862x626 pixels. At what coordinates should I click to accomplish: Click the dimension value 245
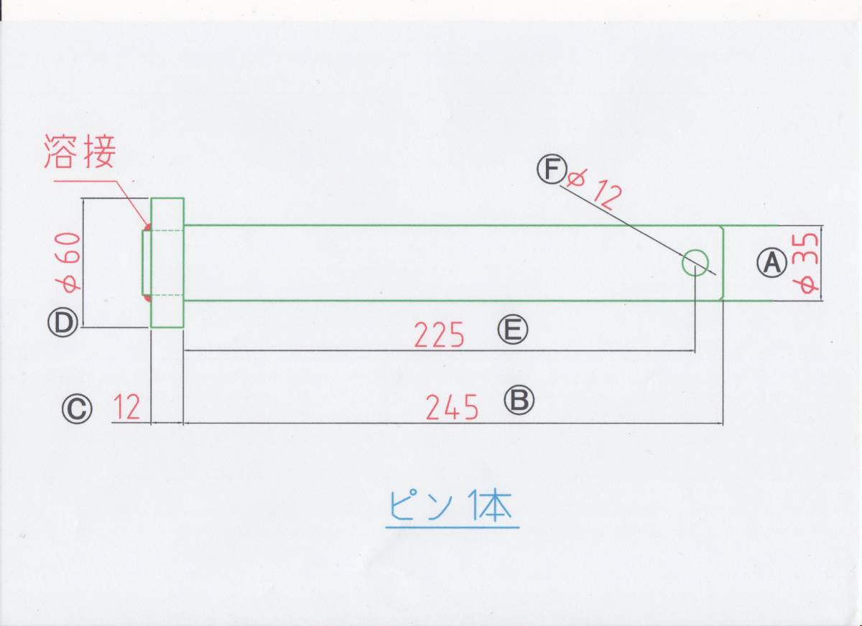click(x=452, y=408)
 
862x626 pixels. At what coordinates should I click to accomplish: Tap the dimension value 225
click(x=440, y=335)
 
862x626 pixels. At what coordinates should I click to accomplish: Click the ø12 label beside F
click(x=592, y=189)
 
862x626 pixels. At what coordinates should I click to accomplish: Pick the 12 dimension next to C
click(x=126, y=409)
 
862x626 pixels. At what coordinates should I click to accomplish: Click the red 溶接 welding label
click(x=79, y=151)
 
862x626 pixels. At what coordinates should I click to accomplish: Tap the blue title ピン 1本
click(x=452, y=507)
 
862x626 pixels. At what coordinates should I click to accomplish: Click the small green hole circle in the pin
click(x=695, y=262)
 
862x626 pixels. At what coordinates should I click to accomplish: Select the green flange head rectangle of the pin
click(x=167, y=263)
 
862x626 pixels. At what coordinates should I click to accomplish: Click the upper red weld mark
click(x=147, y=228)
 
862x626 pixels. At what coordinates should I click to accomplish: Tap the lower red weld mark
click(x=147, y=297)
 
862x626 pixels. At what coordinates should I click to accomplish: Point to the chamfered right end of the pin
click(x=720, y=263)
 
